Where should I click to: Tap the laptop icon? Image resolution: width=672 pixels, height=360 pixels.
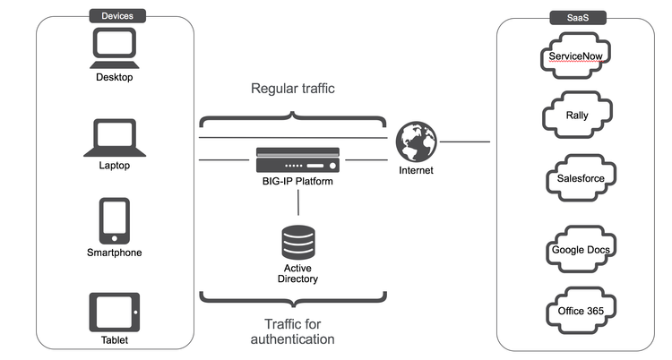tap(114, 138)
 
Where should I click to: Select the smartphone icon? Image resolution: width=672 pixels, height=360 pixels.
tap(114, 220)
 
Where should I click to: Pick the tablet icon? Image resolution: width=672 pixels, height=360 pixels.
tap(114, 312)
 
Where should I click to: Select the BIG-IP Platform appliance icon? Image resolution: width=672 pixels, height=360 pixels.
tap(297, 162)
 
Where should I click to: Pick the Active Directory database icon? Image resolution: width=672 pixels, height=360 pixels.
tap(298, 243)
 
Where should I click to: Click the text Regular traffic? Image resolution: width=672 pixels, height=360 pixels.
tap(294, 89)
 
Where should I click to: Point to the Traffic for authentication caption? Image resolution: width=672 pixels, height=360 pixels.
tap(293, 331)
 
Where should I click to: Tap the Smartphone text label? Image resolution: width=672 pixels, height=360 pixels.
tap(114, 253)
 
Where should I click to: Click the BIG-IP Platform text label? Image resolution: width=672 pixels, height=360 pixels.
tap(297, 183)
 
